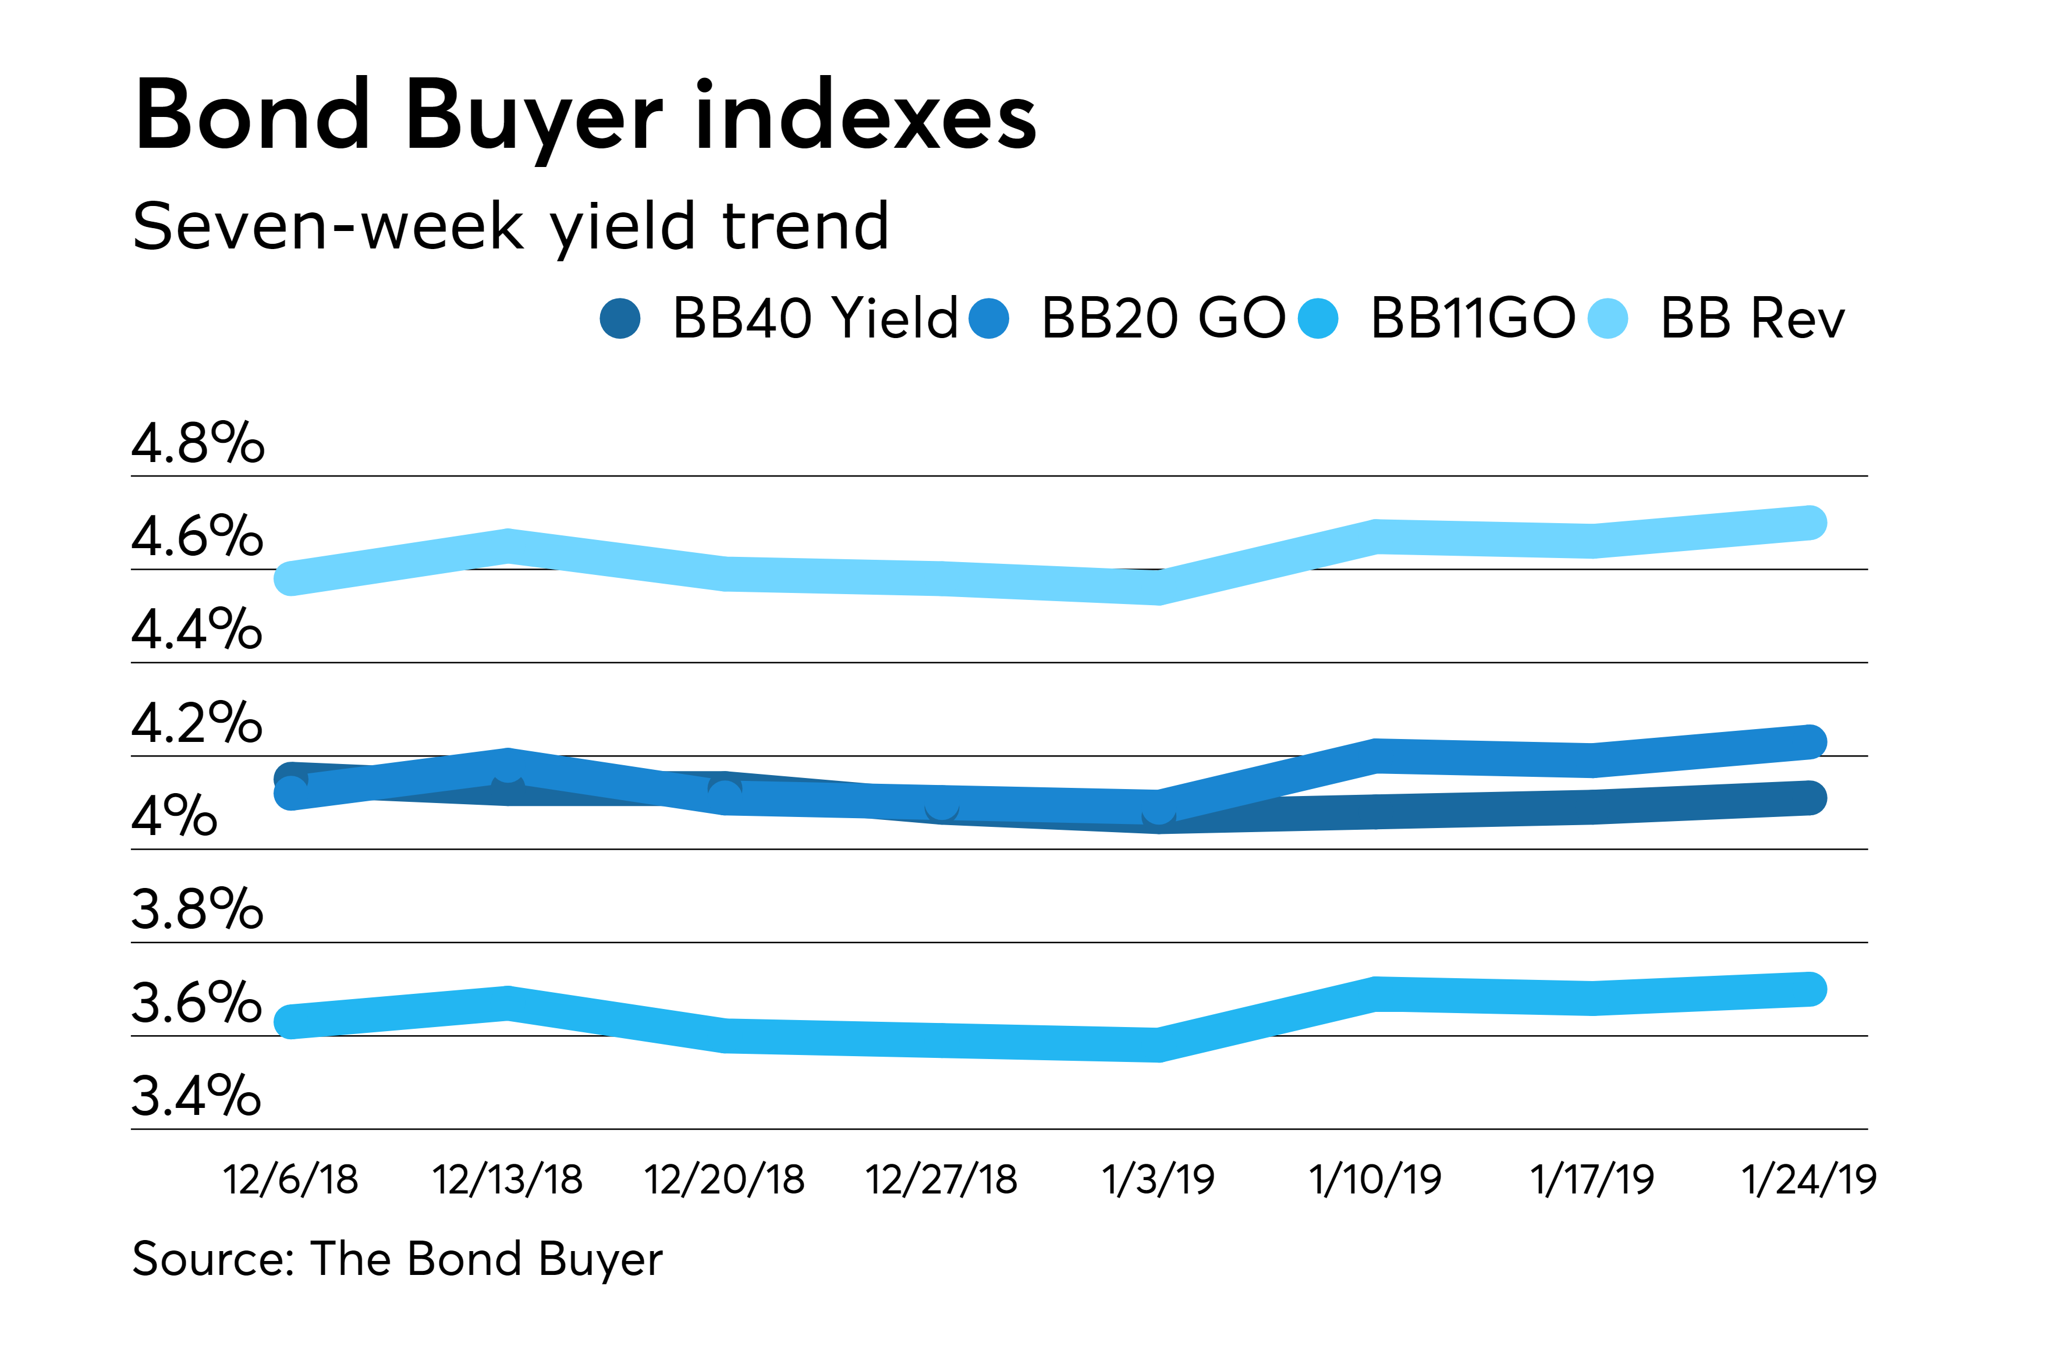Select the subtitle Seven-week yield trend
point(510,226)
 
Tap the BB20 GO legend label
point(1162,318)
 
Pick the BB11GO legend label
point(1471,318)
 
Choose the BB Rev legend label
point(1752,318)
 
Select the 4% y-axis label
point(174,816)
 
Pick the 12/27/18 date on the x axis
point(941,1180)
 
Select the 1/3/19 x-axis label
point(1158,1180)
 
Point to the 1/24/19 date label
point(1809,1180)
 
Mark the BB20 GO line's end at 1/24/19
point(1811,741)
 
